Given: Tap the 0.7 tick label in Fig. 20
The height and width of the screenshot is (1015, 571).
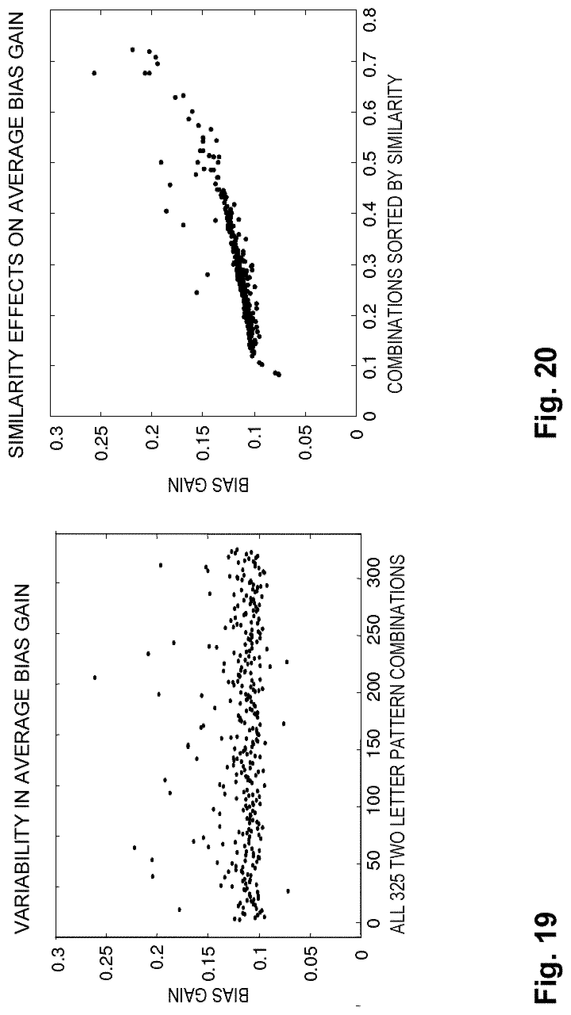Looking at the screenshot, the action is click(369, 61).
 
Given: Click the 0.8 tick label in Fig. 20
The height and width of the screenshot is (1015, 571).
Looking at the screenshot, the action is click(369, 10).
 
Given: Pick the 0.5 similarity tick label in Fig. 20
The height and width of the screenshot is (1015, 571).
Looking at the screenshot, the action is click(369, 163).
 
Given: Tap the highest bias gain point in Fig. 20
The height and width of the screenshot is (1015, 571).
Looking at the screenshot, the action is click(94, 73).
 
